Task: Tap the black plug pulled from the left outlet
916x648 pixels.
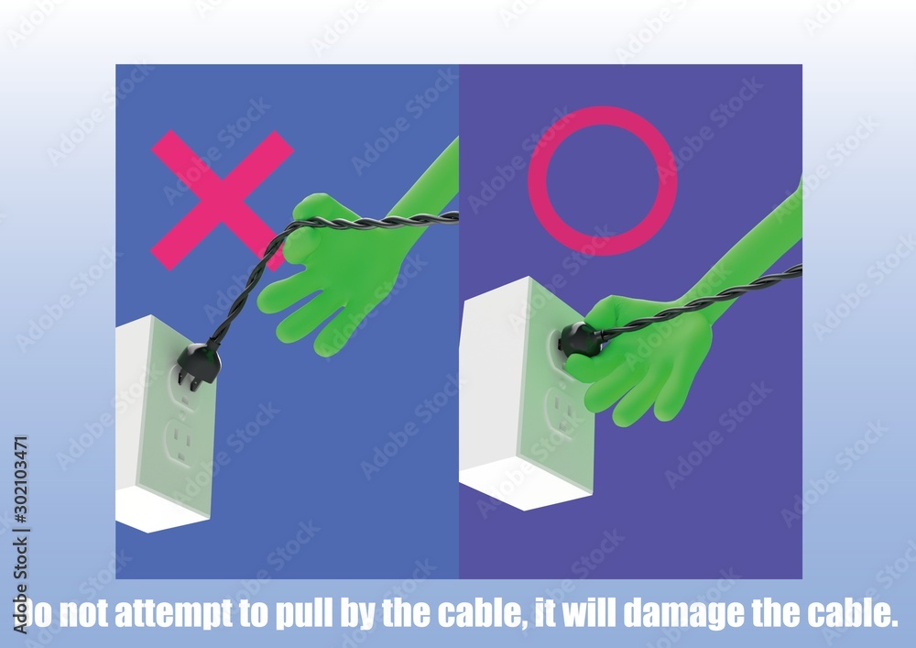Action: click(x=199, y=362)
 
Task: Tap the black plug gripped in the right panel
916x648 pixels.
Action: click(x=579, y=340)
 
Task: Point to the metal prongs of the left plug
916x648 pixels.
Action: click(x=188, y=380)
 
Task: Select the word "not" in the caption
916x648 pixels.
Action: click(x=88, y=613)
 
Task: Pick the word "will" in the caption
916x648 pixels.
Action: click(x=593, y=613)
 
